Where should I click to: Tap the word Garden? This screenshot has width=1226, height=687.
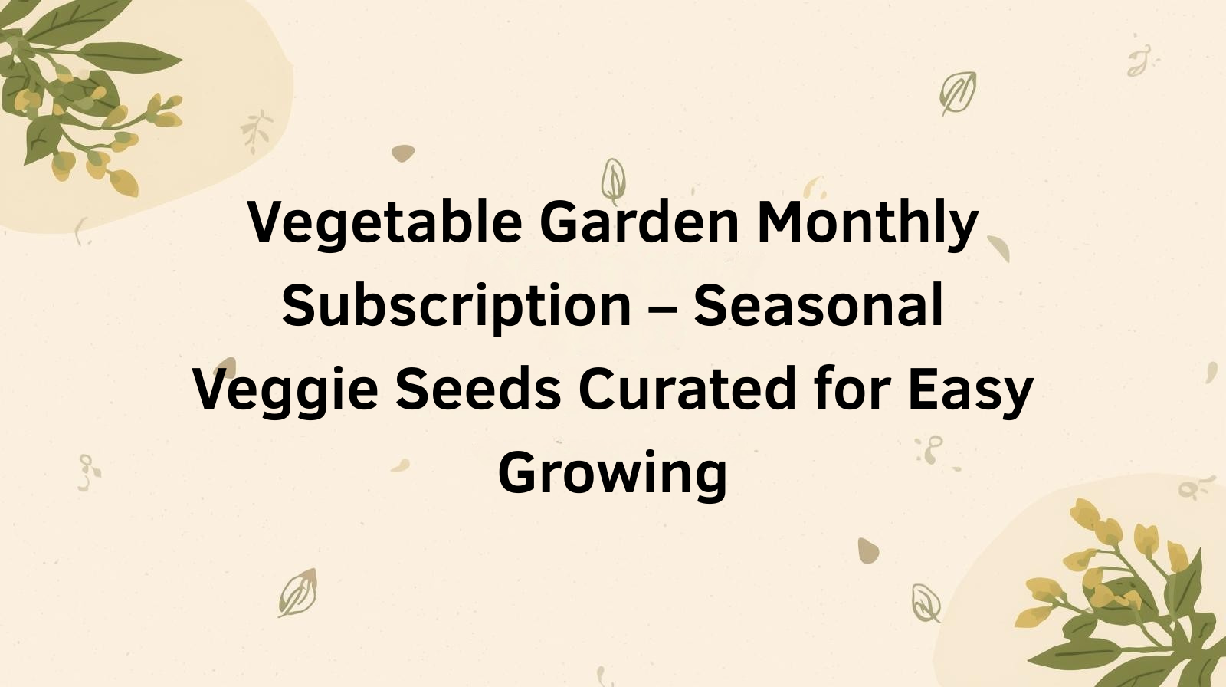[639, 222]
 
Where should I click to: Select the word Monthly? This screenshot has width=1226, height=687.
[867, 224]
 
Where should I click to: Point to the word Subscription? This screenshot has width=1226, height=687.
[457, 307]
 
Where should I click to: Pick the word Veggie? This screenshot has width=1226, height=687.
[285, 391]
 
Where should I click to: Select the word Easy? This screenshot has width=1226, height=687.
[970, 391]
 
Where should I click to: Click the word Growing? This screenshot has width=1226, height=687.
[613, 475]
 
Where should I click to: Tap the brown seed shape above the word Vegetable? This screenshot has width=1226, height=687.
[403, 153]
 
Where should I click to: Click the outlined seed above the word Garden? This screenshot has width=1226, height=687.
[613, 180]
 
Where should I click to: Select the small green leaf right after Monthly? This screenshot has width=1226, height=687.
[999, 248]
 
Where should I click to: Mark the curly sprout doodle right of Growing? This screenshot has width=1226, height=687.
[931, 450]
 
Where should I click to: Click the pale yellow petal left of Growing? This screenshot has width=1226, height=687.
[400, 465]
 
